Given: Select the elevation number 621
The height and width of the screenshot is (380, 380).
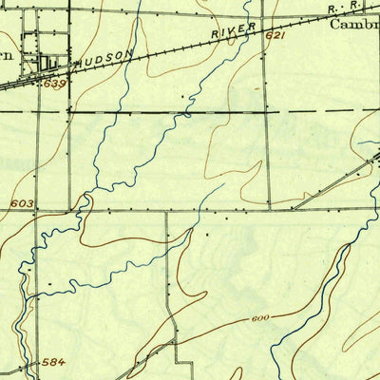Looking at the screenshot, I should click(x=275, y=36).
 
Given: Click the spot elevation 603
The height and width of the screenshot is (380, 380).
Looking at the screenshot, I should click(x=24, y=203).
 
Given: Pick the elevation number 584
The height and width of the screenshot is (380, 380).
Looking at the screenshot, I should click(x=53, y=362).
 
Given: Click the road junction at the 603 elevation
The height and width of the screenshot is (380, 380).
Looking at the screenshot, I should click(x=39, y=209).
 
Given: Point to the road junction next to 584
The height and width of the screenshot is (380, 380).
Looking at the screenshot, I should click(x=38, y=364).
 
